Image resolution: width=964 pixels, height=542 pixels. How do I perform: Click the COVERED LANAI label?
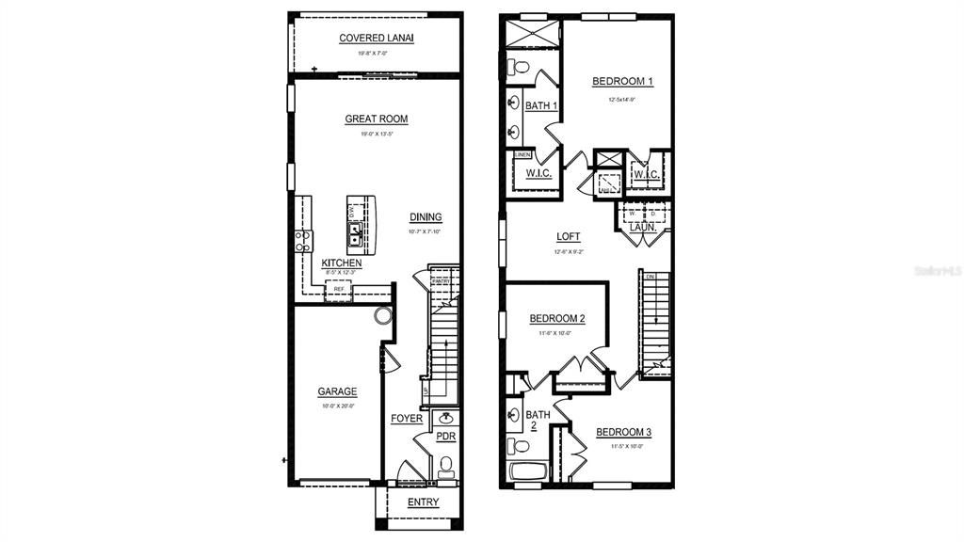(x=377, y=38)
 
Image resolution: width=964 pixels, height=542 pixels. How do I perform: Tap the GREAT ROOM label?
(x=377, y=119)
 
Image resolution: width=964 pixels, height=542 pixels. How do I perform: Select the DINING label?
(x=426, y=217)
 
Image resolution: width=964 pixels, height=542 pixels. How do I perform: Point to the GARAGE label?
(x=336, y=391)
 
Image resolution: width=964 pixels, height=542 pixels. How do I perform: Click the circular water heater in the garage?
(x=383, y=316)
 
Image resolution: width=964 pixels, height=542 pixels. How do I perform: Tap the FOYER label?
(x=407, y=418)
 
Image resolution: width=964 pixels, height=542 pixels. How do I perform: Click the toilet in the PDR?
(x=445, y=465)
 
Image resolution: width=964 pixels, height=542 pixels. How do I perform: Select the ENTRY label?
(x=423, y=502)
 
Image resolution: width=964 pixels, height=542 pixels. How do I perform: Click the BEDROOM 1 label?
(x=622, y=82)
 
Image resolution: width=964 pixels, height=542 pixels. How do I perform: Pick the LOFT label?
(x=569, y=237)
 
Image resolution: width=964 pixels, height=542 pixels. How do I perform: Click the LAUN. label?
(x=643, y=227)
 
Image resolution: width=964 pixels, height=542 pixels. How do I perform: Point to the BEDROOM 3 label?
(x=623, y=432)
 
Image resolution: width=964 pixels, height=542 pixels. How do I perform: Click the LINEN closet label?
(x=522, y=154)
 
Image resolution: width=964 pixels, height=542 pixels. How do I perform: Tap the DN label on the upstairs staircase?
(x=651, y=277)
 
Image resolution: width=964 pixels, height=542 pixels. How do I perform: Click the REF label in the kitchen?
(x=339, y=289)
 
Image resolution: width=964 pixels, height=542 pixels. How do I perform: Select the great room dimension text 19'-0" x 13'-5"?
(x=377, y=135)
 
